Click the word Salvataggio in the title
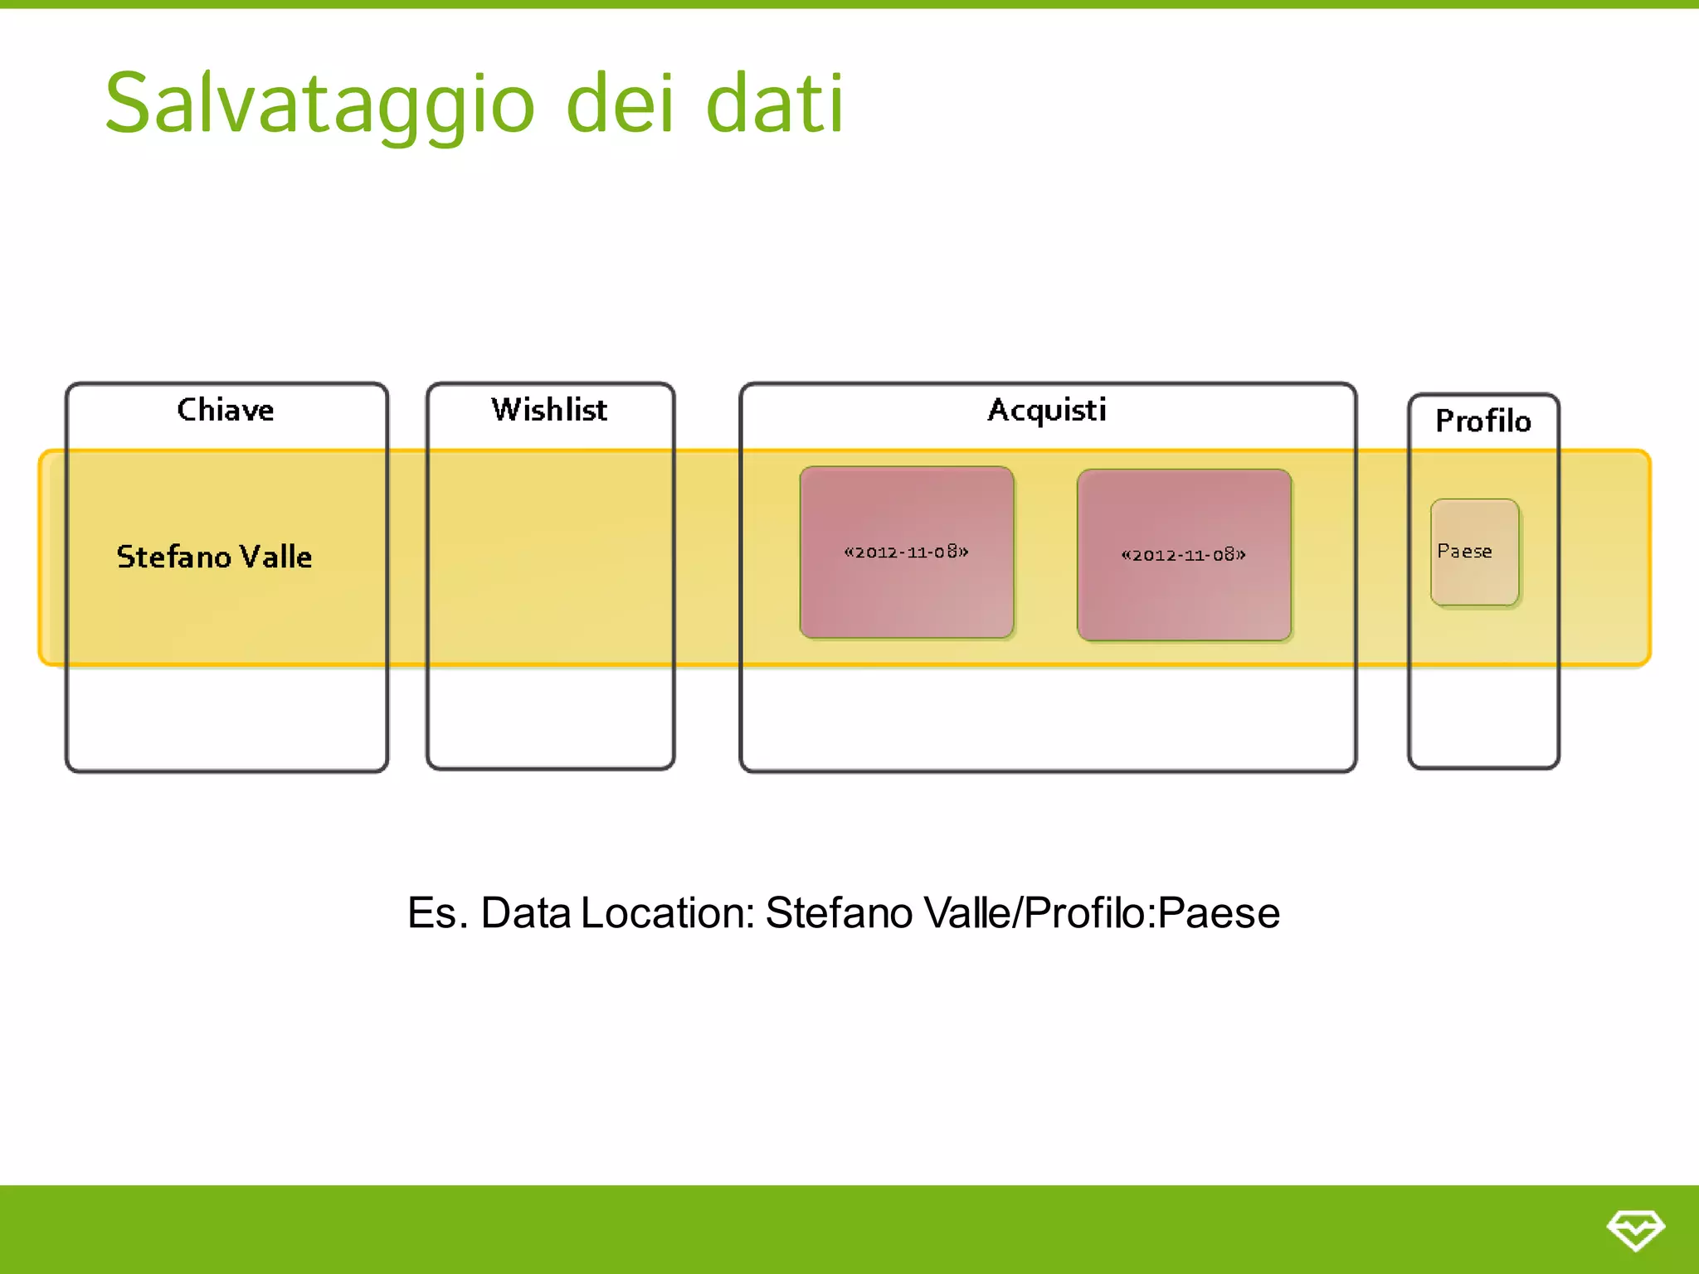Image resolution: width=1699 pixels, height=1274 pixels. [x=319, y=104]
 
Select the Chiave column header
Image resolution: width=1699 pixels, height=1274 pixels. [x=226, y=410]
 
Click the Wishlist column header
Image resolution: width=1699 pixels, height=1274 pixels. [x=549, y=410]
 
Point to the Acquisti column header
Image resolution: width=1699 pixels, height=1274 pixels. [x=1047, y=410]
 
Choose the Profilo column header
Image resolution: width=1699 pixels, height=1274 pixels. [x=1483, y=421]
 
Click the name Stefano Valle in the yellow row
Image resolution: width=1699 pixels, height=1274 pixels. [x=214, y=557]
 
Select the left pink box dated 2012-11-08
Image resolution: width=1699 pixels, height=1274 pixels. [x=906, y=552]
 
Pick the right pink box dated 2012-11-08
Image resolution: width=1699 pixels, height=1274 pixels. [x=1184, y=555]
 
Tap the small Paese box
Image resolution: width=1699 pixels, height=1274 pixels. [x=1474, y=552]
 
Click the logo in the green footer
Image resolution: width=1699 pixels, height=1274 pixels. [x=1635, y=1229]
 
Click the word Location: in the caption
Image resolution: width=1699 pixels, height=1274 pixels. [x=668, y=913]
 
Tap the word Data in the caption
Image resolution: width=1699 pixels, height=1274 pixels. [x=526, y=913]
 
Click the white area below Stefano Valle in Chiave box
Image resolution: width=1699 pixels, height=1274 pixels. [x=226, y=717]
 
